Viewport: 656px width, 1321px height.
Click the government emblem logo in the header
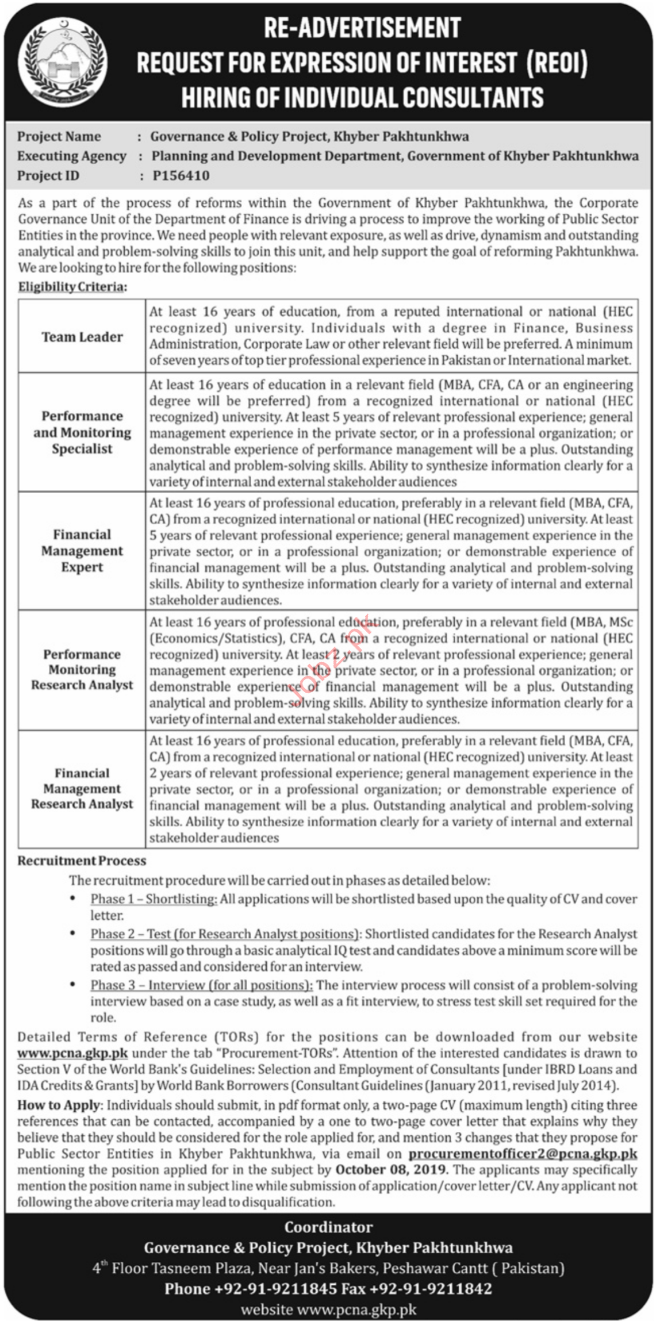click(x=62, y=62)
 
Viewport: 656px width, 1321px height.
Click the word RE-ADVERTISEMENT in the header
click(x=362, y=28)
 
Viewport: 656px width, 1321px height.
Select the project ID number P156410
click(x=181, y=176)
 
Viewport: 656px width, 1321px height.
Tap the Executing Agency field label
click(x=71, y=156)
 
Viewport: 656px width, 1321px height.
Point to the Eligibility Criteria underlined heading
click(x=72, y=286)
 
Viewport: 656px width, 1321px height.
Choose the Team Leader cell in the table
click(x=82, y=337)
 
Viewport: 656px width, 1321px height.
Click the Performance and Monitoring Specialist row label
click(x=82, y=432)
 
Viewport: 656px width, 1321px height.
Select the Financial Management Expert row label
click(x=82, y=551)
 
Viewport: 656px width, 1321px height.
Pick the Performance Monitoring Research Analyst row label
click(x=82, y=670)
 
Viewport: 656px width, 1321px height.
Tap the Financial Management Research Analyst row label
click(x=82, y=789)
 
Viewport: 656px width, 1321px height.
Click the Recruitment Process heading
click(x=82, y=861)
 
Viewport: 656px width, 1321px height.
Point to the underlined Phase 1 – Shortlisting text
click(x=154, y=899)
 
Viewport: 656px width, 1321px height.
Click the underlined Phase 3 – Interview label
click(x=201, y=985)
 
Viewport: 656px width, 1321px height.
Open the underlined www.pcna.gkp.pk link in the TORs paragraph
click(x=72, y=1053)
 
